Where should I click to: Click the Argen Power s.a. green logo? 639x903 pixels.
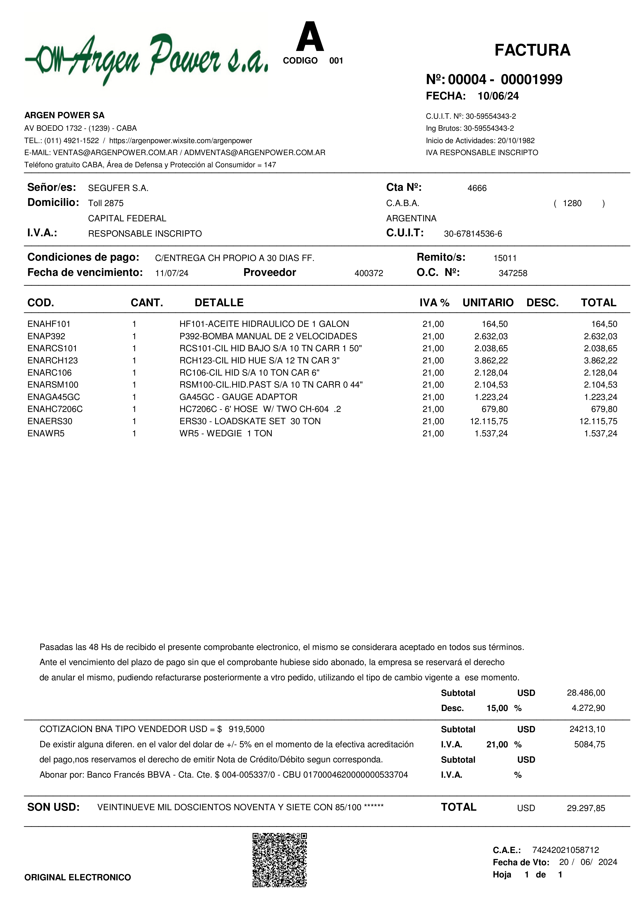146,59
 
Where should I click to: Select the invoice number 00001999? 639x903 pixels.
531,80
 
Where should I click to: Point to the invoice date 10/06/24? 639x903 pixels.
498,96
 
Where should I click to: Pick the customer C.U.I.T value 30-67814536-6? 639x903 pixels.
473,234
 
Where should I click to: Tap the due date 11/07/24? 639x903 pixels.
172,273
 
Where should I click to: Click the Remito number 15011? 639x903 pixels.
505,258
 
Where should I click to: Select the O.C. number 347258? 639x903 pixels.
513,273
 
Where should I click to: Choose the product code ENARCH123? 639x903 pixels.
53,361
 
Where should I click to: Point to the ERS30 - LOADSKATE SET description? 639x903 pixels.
250,421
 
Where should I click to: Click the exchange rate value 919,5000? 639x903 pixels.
246,729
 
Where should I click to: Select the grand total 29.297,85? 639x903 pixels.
586,808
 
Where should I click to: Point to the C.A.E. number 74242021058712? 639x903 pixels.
565,850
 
